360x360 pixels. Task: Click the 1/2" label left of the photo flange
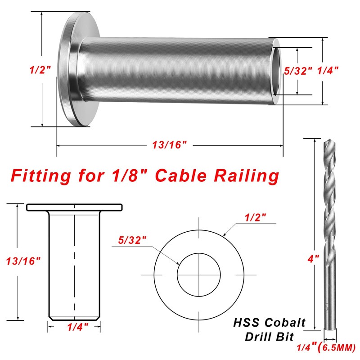click(40, 70)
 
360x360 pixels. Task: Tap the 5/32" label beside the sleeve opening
click(298, 71)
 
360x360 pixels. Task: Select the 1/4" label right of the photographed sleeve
click(328, 71)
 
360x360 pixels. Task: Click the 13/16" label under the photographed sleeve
click(170, 145)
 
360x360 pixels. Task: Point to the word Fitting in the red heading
click(40, 176)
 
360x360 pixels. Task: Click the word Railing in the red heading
click(246, 176)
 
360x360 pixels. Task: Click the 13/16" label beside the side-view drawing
click(23, 261)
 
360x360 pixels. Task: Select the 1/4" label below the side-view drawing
click(77, 327)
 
